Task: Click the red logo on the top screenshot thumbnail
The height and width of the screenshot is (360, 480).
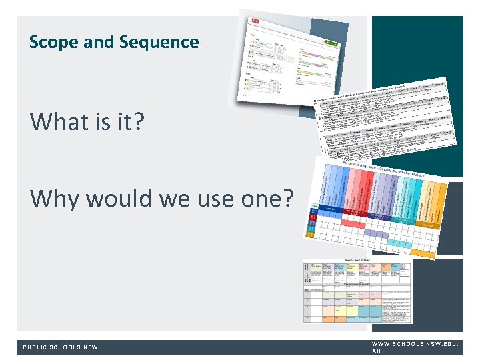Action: click(254, 22)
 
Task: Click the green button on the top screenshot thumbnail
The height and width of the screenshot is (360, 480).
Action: click(331, 42)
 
